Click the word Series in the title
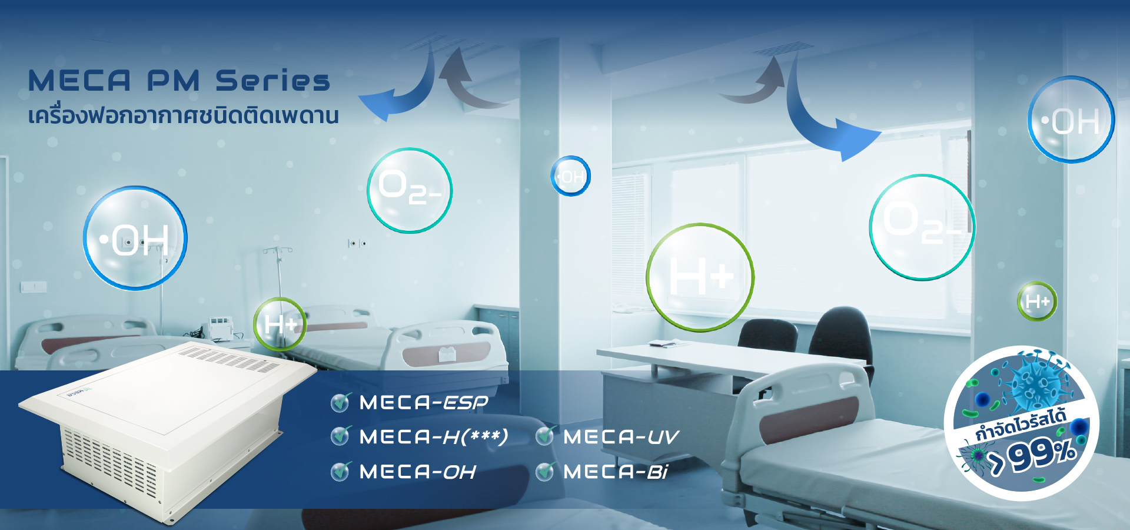click(x=272, y=81)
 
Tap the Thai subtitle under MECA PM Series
click(x=184, y=115)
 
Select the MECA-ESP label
click(x=424, y=403)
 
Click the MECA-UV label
click(x=621, y=437)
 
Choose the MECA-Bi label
click(x=616, y=472)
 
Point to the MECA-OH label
click(x=417, y=472)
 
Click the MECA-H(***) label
click(x=434, y=437)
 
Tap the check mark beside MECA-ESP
click(x=340, y=402)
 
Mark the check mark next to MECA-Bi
click(x=545, y=471)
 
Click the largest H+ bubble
click(x=700, y=277)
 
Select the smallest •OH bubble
click(x=570, y=176)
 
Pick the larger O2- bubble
click(x=922, y=227)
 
